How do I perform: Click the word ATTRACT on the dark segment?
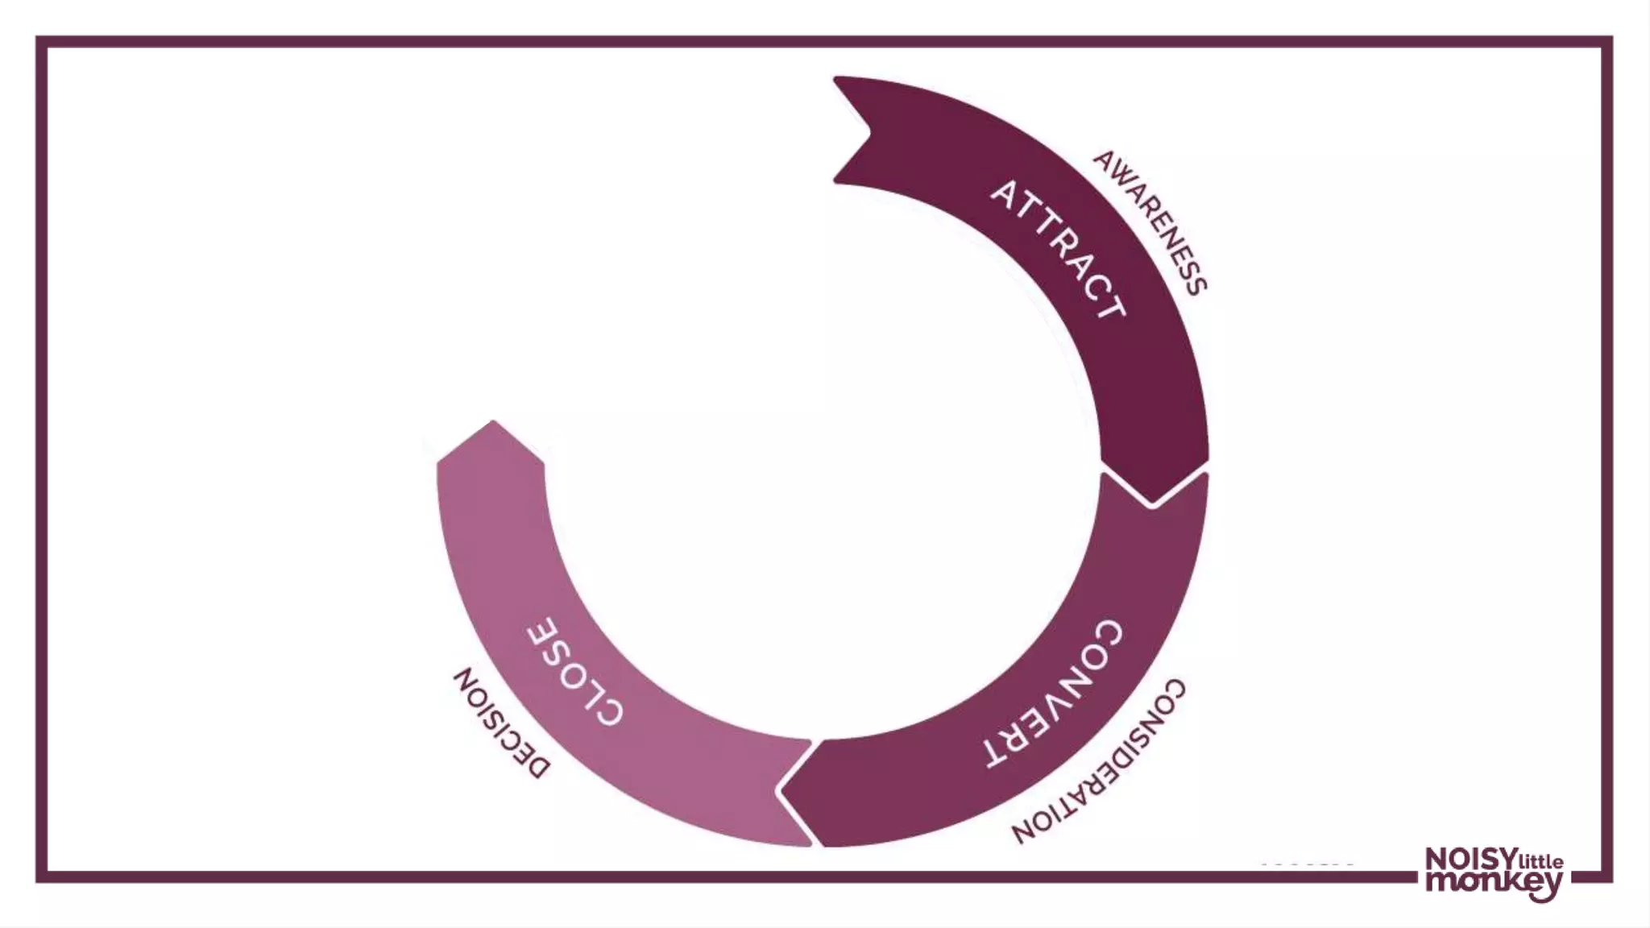click(x=1057, y=249)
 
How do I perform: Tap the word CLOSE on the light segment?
click(x=574, y=671)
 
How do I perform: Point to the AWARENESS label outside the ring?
click(x=1150, y=222)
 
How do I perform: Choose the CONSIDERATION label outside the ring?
click(x=1101, y=761)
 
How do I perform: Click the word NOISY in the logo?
click(x=1470, y=860)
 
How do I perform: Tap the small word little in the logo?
click(x=1540, y=862)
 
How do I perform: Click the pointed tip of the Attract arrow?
click(x=1153, y=501)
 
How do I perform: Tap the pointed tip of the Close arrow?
click(x=493, y=424)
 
